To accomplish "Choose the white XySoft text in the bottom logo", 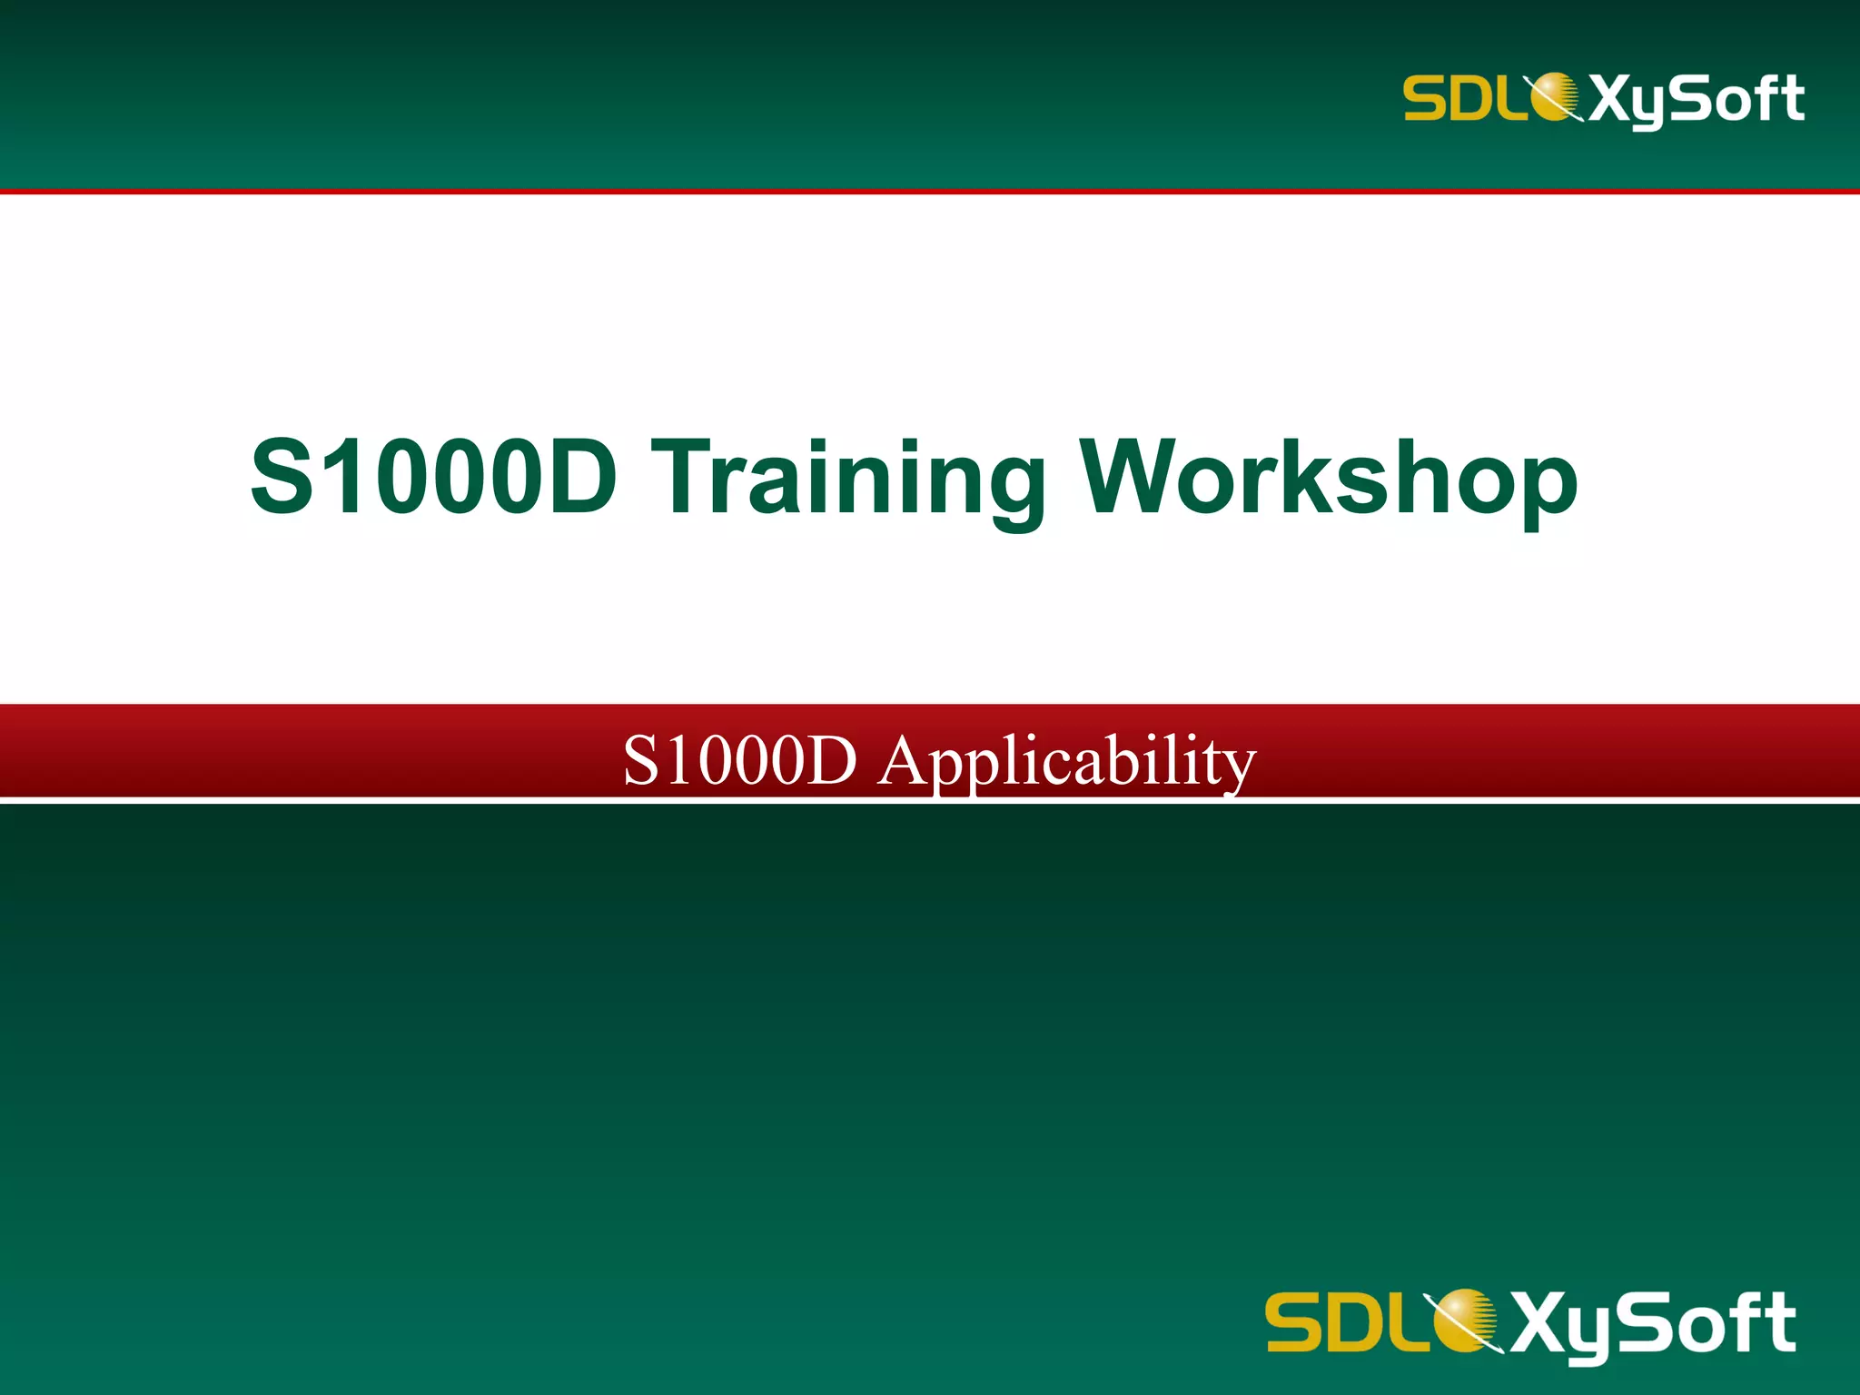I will pos(1653,1323).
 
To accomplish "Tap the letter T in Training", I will pos(688,478).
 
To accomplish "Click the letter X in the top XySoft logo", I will pos(1611,98).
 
